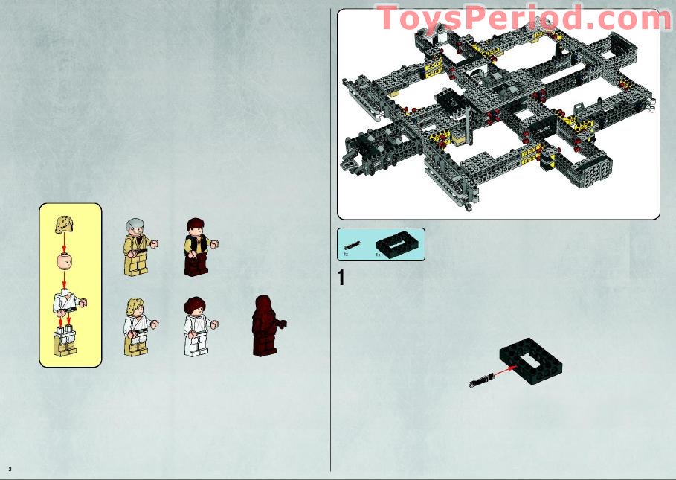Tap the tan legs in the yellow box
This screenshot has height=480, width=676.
click(x=66, y=343)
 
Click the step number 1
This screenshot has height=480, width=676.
click(x=341, y=278)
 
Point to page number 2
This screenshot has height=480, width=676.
click(x=10, y=469)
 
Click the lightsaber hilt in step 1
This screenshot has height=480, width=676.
click(x=474, y=383)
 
